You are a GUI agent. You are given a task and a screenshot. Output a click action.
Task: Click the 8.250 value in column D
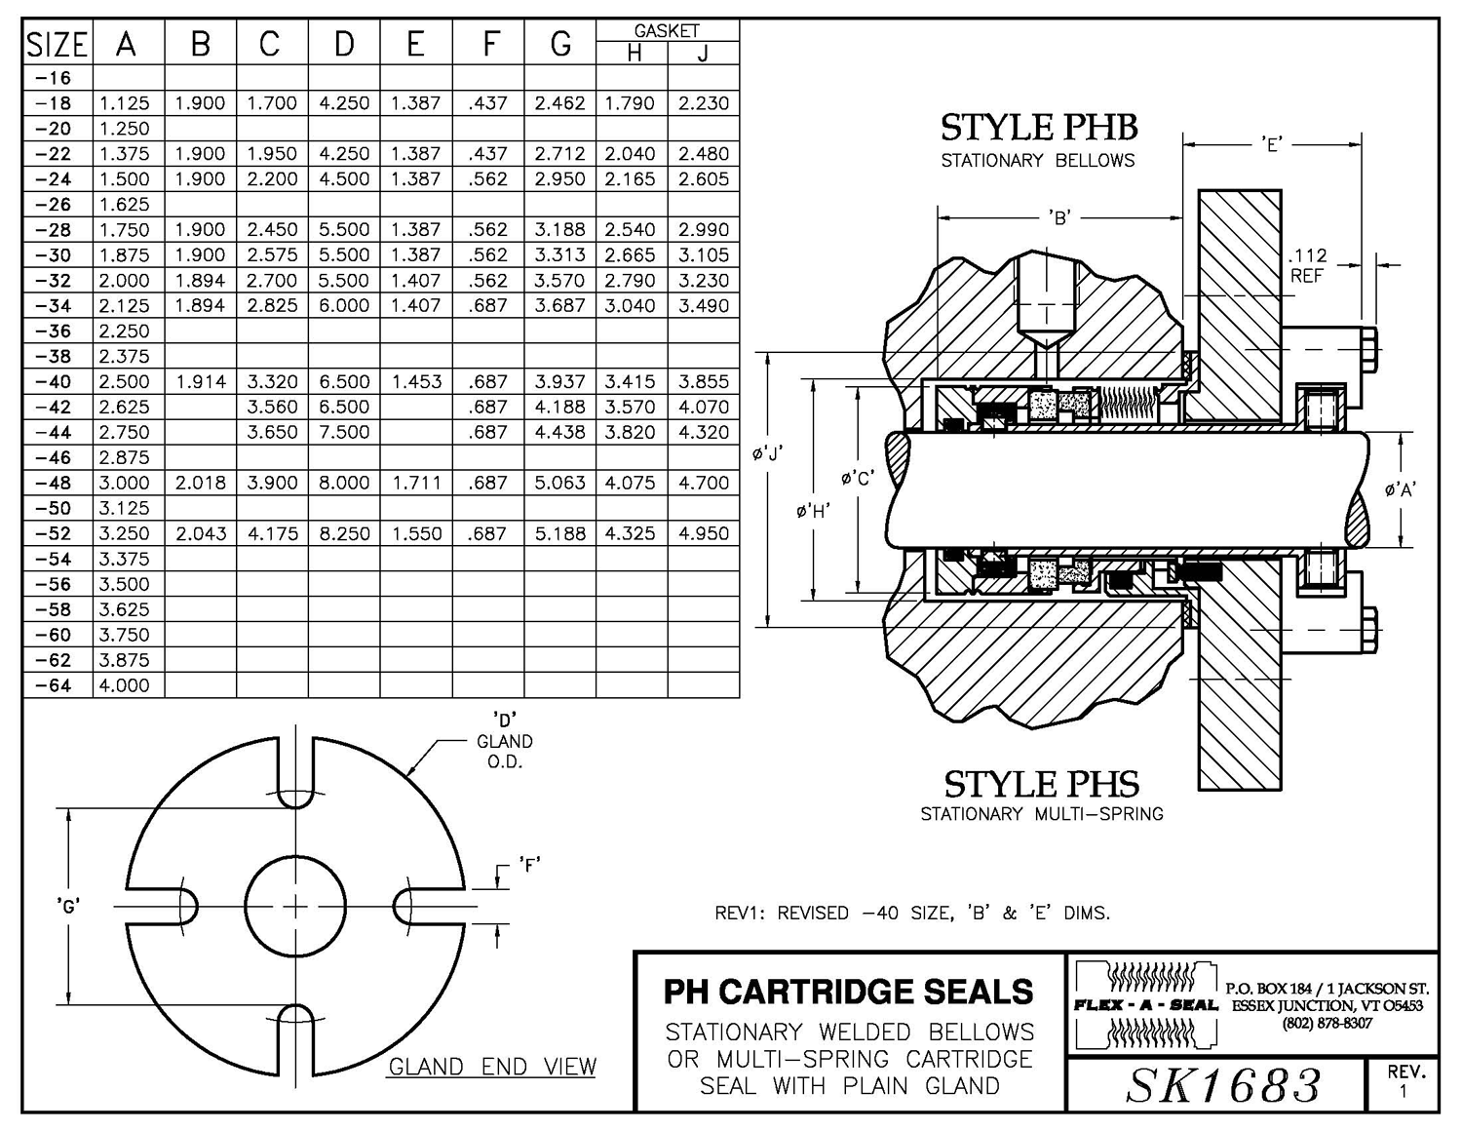pos(344,533)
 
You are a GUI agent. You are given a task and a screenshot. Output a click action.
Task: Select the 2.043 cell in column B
pos(201,533)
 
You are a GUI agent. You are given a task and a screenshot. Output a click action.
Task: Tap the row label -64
pos(54,685)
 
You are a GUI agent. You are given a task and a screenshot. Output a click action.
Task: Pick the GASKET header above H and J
pos(667,30)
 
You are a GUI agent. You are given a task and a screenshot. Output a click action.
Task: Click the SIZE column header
pos(58,45)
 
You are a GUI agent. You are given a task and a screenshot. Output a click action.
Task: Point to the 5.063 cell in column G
pos(559,483)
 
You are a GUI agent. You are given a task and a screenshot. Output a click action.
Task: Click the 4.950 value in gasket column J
pos(703,533)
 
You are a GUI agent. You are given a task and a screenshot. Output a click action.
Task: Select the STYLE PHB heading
pos(1038,128)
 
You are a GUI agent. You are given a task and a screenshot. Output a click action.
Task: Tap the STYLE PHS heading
pos(1042,784)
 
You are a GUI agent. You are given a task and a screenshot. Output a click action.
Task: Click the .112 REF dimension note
pos(1307,266)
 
